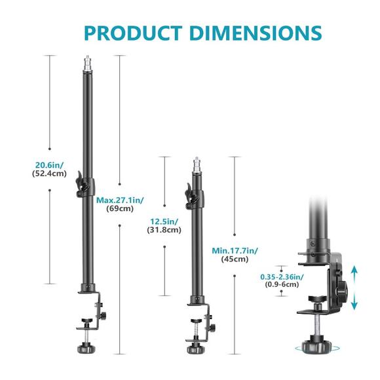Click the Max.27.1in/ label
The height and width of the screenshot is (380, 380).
pyautogui.click(x=120, y=200)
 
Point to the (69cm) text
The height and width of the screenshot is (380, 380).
pyautogui.click(x=120, y=209)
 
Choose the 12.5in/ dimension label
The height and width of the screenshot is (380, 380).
pyautogui.click(x=164, y=221)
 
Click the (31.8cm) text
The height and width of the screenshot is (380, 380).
pyautogui.click(x=165, y=231)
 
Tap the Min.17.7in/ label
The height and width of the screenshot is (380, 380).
pyautogui.click(x=235, y=249)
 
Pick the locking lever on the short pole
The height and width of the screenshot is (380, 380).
pyautogui.click(x=189, y=194)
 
